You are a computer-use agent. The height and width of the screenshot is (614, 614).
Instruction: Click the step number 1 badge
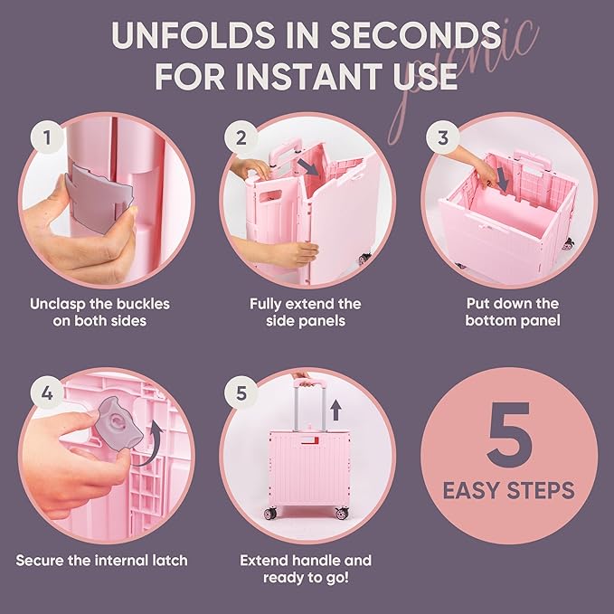(47, 137)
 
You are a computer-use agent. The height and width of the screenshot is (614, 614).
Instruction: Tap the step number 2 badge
(241, 137)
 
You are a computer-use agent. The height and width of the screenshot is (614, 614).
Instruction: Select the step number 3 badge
(442, 137)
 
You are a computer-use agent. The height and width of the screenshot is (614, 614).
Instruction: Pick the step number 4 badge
(47, 392)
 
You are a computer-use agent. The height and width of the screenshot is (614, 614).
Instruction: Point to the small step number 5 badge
(241, 392)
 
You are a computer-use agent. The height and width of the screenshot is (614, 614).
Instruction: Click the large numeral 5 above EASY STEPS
(509, 434)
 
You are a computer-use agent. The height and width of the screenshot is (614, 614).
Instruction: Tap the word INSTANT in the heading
(309, 76)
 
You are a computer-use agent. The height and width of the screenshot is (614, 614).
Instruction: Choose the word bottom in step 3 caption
(488, 320)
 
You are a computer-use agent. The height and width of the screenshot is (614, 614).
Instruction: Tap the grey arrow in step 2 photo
(307, 166)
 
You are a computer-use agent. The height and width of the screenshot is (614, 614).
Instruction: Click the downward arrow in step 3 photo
(503, 181)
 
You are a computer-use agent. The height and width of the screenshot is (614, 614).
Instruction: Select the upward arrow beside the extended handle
(335, 411)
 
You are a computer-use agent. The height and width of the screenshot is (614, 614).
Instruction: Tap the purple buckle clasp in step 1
(99, 198)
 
